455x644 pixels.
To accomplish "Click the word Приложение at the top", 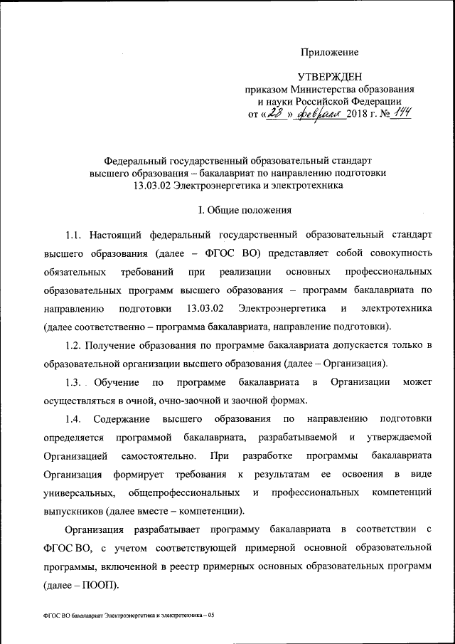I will point(329,51).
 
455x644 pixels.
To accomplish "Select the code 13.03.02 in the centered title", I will point(157,186).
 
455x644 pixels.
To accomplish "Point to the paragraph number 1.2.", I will point(75,345).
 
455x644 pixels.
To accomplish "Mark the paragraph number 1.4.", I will point(75,419).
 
